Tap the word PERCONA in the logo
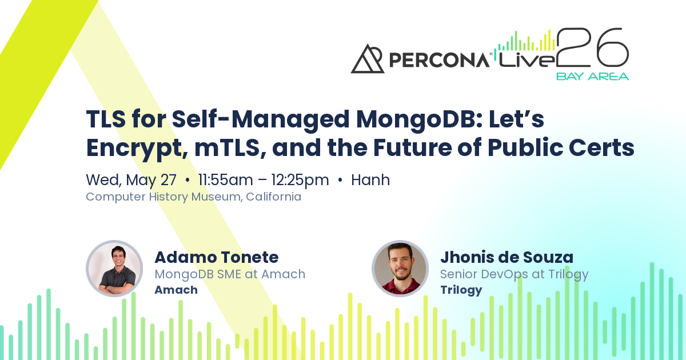click(439, 60)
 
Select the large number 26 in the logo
click(593, 47)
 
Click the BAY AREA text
click(592, 77)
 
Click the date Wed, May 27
click(131, 180)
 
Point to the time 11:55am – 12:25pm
click(264, 180)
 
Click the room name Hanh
click(370, 179)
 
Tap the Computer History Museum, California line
click(194, 197)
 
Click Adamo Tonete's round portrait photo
click(114, 269)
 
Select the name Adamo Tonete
click(217, 257)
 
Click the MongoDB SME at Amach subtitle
click(230, 274)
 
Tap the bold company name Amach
click(176, 290)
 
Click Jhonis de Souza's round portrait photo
click(400, 269)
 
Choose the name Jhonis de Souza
click(507, 257)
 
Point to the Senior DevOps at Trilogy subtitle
click(514, 275)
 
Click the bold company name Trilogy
click(461, 290)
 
